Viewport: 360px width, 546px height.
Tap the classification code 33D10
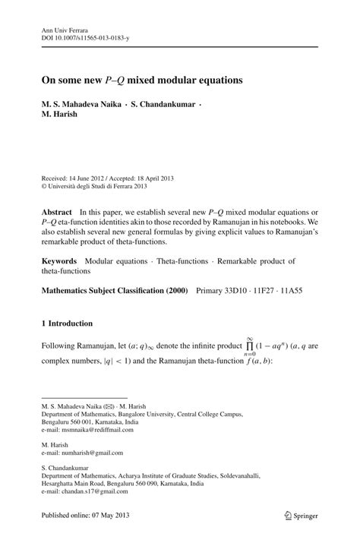tap(241, 290)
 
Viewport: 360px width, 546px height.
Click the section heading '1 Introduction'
tap(67, 323)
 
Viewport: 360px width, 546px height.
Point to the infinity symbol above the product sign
tap(248, 339)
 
